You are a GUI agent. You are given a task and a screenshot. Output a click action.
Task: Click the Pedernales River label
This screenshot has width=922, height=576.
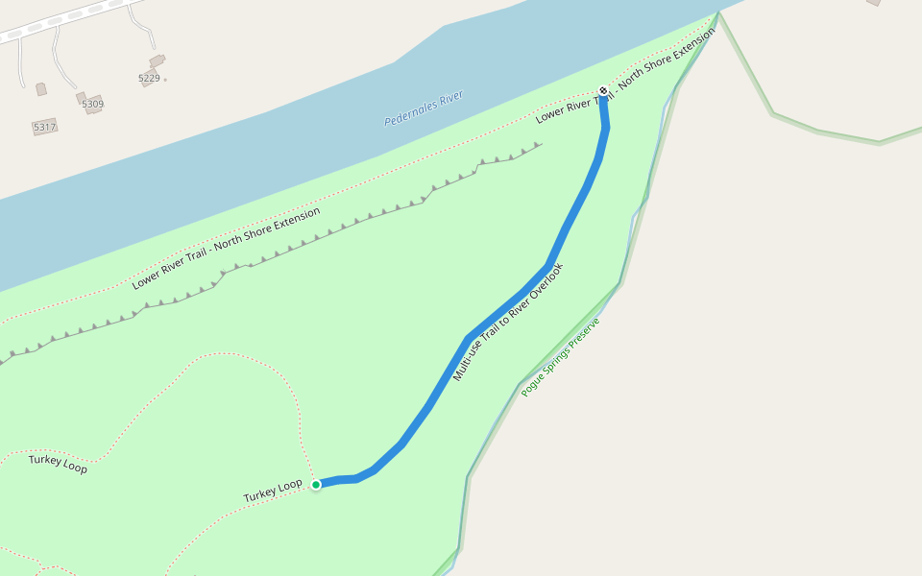424,108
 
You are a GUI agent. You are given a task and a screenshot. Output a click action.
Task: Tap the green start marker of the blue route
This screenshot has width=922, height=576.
316,485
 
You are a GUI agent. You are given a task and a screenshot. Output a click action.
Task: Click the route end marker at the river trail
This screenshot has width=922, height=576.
603,91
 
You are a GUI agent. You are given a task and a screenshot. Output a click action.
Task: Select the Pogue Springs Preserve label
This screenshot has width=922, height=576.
560,357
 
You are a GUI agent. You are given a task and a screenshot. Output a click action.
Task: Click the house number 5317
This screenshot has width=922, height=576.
44,127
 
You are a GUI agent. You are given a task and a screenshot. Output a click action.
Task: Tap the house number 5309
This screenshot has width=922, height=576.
92,104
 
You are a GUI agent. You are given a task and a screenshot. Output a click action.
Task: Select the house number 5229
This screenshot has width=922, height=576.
149,78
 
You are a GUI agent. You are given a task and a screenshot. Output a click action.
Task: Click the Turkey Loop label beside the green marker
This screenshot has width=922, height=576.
273,490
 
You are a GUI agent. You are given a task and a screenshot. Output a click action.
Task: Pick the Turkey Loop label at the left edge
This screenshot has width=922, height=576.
58,464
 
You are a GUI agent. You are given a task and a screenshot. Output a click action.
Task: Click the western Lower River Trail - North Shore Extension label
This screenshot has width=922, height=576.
226,248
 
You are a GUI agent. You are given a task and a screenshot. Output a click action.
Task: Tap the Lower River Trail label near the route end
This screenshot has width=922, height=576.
624,77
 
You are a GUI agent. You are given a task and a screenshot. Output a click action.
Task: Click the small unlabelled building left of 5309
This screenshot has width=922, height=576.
41,89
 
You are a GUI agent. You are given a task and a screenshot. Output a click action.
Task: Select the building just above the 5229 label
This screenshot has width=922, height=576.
157,61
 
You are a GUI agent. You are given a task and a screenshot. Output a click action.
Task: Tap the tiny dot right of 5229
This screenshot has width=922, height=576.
165,79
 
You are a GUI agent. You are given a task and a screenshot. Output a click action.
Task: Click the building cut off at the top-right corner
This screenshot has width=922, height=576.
873,3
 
